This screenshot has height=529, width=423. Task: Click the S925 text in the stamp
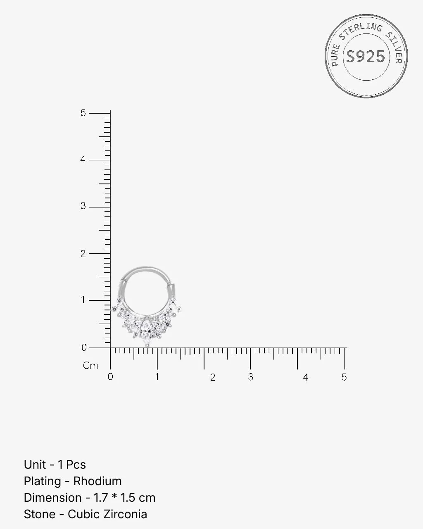coord(366,57)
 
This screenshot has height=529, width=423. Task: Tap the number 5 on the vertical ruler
coord(83,113)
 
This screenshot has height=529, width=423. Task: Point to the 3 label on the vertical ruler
coord(83,206)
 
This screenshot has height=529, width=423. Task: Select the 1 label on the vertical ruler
coord(83,300)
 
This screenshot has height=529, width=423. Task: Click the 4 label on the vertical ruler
coord(83,160)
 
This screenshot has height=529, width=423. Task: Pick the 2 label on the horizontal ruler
coord(212,377)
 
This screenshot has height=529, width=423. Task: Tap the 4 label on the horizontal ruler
coord(305,377)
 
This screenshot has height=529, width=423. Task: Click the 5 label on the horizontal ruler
coord(344,377)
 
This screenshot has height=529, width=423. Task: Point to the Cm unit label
coord(90,366)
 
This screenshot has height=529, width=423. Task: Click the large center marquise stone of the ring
coord(146,328)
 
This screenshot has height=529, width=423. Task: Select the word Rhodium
coord(97,481)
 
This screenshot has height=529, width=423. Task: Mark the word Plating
coord(42,481)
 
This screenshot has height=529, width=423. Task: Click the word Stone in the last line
coord(40,514)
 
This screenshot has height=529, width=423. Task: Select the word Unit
coord(35,465)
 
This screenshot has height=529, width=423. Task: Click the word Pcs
coord(76,465)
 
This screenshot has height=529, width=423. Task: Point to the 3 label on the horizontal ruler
coord(251,377)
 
